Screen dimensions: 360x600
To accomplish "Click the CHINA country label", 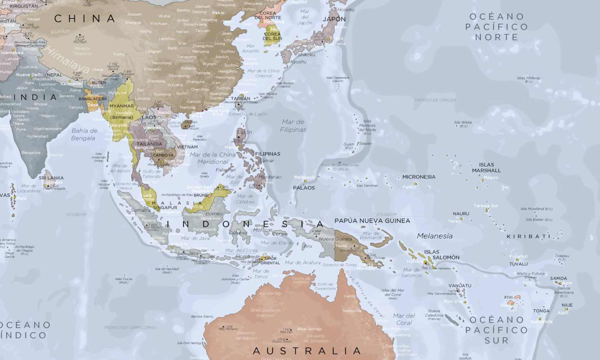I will tap(85, 18).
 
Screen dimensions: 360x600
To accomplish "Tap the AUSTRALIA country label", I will tap(307, 351).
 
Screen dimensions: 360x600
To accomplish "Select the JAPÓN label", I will tap(334, 19).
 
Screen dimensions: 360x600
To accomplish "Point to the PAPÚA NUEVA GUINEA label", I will tap(372, 221).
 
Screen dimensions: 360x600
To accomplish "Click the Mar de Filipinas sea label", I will tap(293, 126).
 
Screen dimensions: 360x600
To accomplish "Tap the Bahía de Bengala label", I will tap(84, 134).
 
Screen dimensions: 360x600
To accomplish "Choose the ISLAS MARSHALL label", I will tap(486, 168).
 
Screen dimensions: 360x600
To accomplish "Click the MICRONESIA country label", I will tap(419, 177).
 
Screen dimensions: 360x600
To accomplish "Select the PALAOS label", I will tap(304, 188).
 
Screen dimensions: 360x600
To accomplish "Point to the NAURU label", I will tap(461, 214).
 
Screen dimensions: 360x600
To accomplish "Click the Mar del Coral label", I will tap(404, 319).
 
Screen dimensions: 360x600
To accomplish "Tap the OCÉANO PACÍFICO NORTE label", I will tap(496, 27).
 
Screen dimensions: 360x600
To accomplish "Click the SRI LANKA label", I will tap(51, 178).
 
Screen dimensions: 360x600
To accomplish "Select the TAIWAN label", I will tap(241, 99).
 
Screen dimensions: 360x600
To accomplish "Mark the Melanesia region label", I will tap(434, 236).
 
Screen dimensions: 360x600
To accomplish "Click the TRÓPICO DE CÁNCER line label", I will tap(435, 100).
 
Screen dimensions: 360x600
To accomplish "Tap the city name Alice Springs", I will tap(309, 329).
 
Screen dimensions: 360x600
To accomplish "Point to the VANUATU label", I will tap(460, 285).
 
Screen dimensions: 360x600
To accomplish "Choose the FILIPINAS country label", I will tap(268, 154).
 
